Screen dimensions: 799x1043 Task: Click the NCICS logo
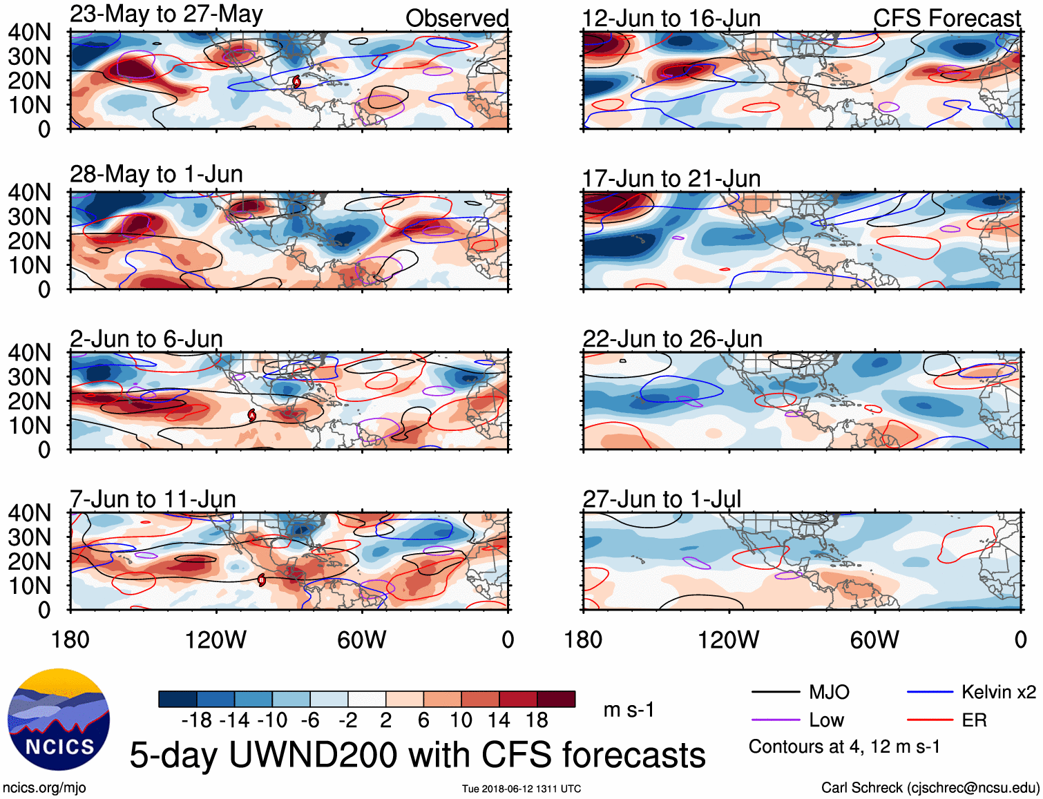pos(59,719)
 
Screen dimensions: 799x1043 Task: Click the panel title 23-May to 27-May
pos(166,15)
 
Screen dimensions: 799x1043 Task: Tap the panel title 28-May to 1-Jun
pos(156,174)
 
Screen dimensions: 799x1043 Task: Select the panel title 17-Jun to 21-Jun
pos(671,179)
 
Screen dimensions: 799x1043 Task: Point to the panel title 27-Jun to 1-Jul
pos(662,499)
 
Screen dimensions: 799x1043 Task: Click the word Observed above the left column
pos(457,19)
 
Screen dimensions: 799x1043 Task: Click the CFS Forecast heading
pos(946,19)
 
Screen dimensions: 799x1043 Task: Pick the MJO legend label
pos(829,692)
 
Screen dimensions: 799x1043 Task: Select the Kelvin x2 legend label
pos(998,692)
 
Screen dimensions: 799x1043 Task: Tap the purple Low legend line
pos(776,720)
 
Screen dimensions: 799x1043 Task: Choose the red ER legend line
pos(930,720)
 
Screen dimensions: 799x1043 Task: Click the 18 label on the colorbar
pos(537,720)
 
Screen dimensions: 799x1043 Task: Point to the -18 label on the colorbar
pos(197,720)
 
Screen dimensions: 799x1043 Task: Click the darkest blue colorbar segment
pos(178,699)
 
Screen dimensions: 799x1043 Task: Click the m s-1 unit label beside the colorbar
pos(629,710)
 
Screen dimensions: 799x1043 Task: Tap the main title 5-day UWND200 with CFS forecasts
pos(417,755)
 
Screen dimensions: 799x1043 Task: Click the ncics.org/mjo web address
pos(44,788)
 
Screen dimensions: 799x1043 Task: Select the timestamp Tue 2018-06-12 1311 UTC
pos(521,789)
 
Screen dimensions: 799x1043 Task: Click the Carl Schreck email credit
pos(930,788)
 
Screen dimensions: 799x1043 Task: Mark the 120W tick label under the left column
pos(216,640)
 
